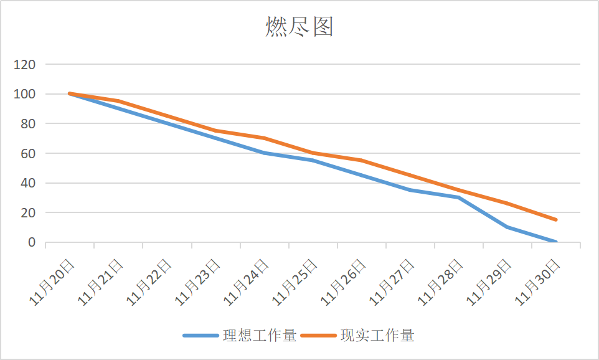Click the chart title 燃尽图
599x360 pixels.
(299, 27)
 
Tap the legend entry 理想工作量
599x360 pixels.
(257, 335)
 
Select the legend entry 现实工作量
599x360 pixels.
(377, 335)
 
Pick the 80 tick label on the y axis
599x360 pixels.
(28, 123)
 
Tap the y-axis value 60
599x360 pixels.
(28, 153)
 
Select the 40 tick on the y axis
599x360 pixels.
(28, 183)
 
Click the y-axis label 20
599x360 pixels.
(28, 212)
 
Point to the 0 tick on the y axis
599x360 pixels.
(32, 242)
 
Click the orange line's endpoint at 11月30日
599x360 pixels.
(556, 220)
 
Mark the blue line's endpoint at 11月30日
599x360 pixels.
(556, 242)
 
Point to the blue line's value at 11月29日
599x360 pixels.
(507, 227)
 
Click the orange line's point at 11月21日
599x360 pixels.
(118, 101)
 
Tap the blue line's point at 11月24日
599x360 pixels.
(264, 153)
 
